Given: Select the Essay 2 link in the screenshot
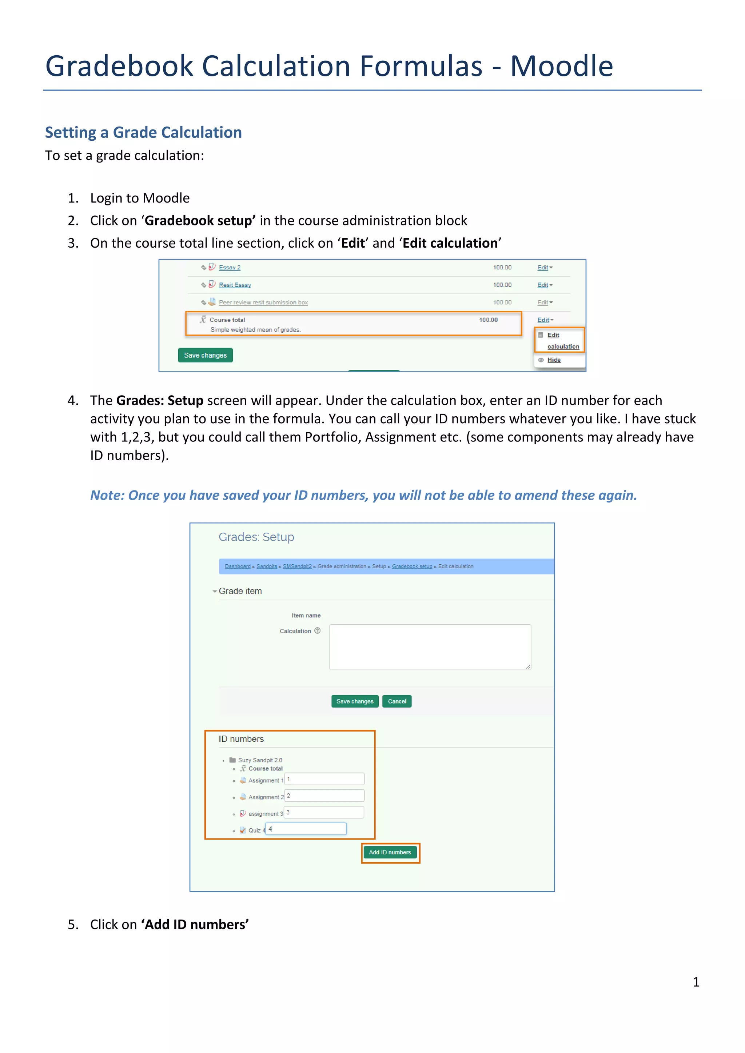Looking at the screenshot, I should point(230,267).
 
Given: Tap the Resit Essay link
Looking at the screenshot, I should point(235,285).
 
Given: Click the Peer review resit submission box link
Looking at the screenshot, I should point(263,302).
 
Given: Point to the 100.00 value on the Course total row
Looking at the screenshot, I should point(488,320).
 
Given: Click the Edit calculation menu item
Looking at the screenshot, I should point(562,341).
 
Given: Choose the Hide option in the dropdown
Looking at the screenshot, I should point(554,360).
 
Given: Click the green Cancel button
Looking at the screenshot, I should point(397,701).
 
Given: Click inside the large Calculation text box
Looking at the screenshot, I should point(430,646).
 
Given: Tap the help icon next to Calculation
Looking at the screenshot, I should point(318,630).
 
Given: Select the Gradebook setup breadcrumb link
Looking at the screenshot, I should point(412,566).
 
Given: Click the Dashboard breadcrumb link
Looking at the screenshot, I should point(238,566).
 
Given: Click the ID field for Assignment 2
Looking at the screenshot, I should point(324,796).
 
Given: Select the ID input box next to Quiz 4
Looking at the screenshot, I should point(306,829).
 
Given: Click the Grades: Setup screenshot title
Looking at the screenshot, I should point(256,537).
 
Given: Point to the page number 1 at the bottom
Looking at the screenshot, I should point(696,982).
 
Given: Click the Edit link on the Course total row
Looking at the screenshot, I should point(543,320).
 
